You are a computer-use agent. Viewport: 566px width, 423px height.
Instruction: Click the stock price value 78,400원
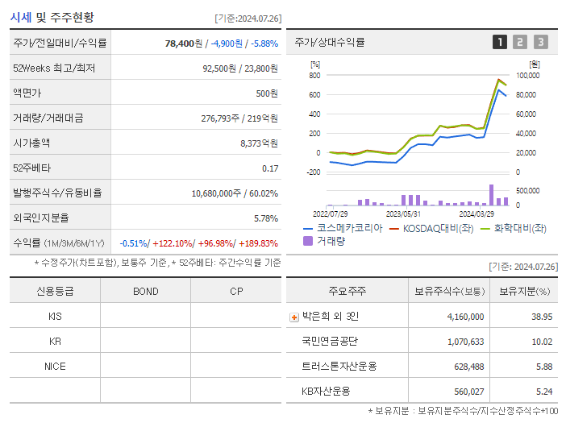click(x=185, y=43)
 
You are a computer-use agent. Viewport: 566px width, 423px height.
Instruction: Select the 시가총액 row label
click(x=31, y=143)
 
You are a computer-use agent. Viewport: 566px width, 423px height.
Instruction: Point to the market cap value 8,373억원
click(x=259, y=143)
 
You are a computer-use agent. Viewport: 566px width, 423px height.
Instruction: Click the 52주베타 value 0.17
click(x=270, y=168)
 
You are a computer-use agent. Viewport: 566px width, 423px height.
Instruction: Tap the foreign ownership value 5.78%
click(x=265, y=218)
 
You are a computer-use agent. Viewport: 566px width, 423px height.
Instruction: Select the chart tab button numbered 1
click(x=500, y=42)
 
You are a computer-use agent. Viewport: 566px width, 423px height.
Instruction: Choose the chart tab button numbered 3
click(x=540, y=42)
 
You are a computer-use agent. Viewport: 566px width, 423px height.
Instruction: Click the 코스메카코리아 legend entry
click(x=343, y=228)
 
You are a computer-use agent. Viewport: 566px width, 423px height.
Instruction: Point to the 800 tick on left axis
click(x=314, y=76)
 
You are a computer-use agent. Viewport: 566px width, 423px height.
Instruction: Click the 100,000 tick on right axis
click(x=527, y=76)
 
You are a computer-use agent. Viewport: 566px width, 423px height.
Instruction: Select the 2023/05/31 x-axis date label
click(x=404, y=214)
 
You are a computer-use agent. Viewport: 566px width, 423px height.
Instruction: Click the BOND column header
click(x=145, y=291)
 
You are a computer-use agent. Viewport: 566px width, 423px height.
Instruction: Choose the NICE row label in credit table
click(x=55, y=366)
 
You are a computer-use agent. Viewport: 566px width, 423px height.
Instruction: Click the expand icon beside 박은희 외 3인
click(x=294, y=317)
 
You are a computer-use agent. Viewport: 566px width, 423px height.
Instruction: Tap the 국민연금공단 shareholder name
click(x=331, y=342)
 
